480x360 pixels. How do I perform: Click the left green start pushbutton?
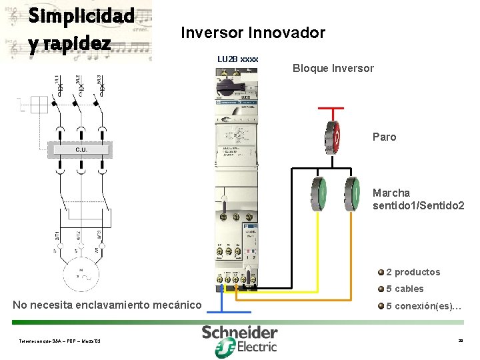(x=319, y=194)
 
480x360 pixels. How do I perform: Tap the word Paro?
(x=384, y=137)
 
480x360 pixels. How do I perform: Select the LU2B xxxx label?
(x=237, y=59)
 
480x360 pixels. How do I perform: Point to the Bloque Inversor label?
(x=333, y=68)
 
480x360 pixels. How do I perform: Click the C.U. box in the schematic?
(x=80, y=149)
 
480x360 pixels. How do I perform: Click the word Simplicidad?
(x=82, y=16)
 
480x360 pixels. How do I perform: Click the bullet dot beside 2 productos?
(x=380, y=272)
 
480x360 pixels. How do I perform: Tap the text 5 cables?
(x=405, y=289)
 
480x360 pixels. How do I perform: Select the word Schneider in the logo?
(x=240, y=332)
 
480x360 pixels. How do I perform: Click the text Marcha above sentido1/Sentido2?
(x=391, y=193)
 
